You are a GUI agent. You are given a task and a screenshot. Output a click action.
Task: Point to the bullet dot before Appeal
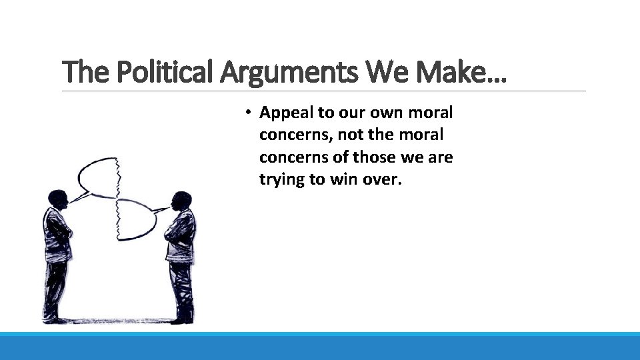coord(247,112)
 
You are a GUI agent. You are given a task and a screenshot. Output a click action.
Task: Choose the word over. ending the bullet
coord(382,179)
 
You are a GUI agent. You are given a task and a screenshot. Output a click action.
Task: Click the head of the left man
coord(58,198)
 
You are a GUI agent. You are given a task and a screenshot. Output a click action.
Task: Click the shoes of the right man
coord(181,319)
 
